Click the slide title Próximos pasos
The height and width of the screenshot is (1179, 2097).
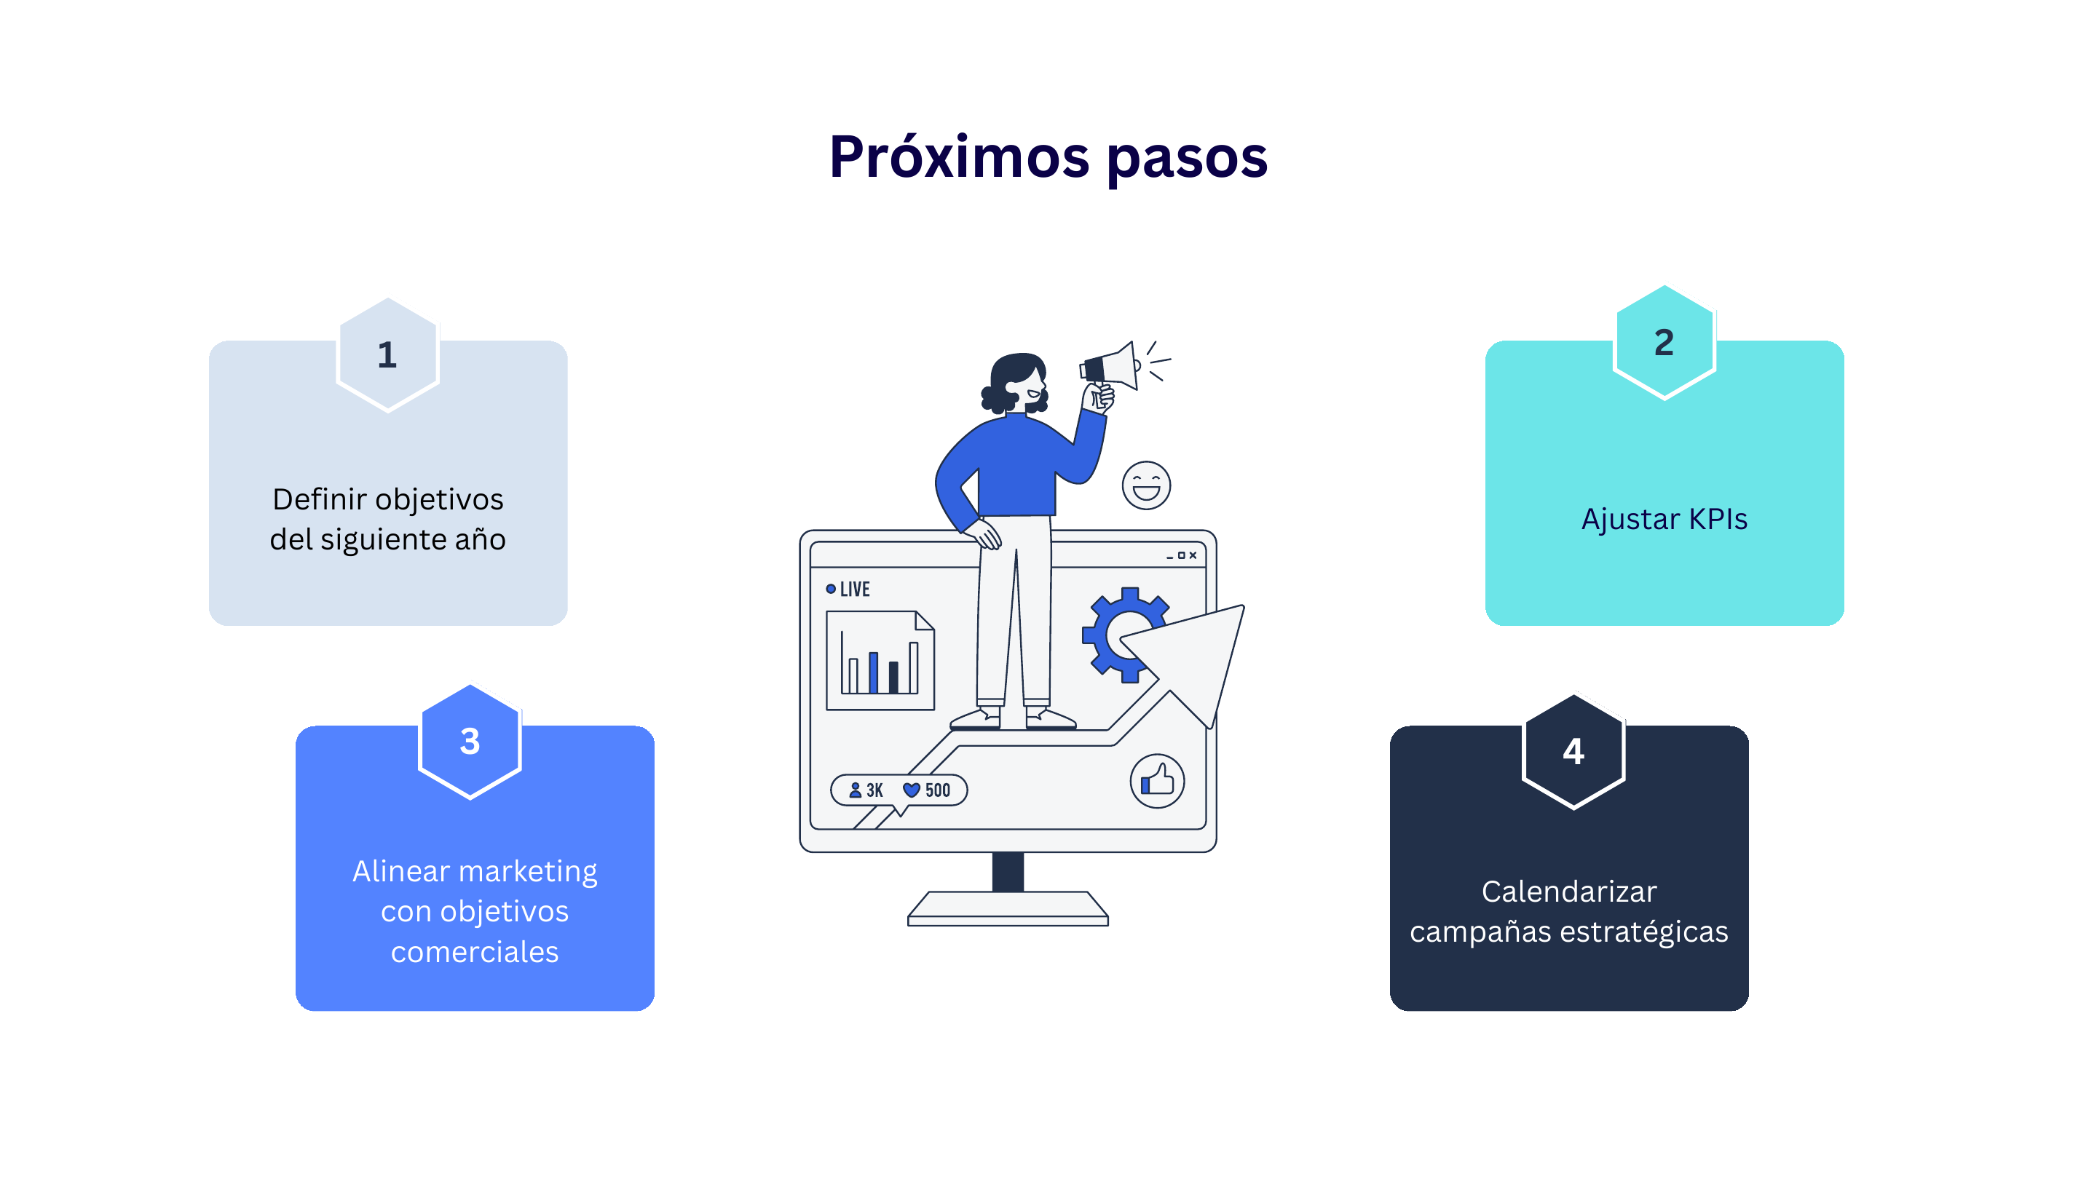[1048, 157]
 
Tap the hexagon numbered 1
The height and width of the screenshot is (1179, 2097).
[387, 354]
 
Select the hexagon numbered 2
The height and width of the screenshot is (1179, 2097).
[1664, 343]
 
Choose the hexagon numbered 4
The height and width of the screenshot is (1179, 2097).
[1573, 751]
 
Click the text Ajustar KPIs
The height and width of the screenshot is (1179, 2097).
[1664, 518]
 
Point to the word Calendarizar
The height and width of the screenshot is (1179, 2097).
[1568, 891]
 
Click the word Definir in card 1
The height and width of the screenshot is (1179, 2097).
[319, 499]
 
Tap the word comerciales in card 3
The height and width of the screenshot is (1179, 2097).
[475, 951]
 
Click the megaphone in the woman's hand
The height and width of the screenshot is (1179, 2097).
[1109, 366]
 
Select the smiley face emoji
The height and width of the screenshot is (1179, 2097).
[1146, 485]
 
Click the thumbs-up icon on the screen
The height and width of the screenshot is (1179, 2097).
[1157, 781]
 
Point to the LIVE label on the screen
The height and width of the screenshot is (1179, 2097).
[848, 589]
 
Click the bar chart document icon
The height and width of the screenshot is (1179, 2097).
[880, 660]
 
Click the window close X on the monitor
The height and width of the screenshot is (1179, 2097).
[1193, 556]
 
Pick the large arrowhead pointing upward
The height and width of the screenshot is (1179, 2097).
[1188, 660]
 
